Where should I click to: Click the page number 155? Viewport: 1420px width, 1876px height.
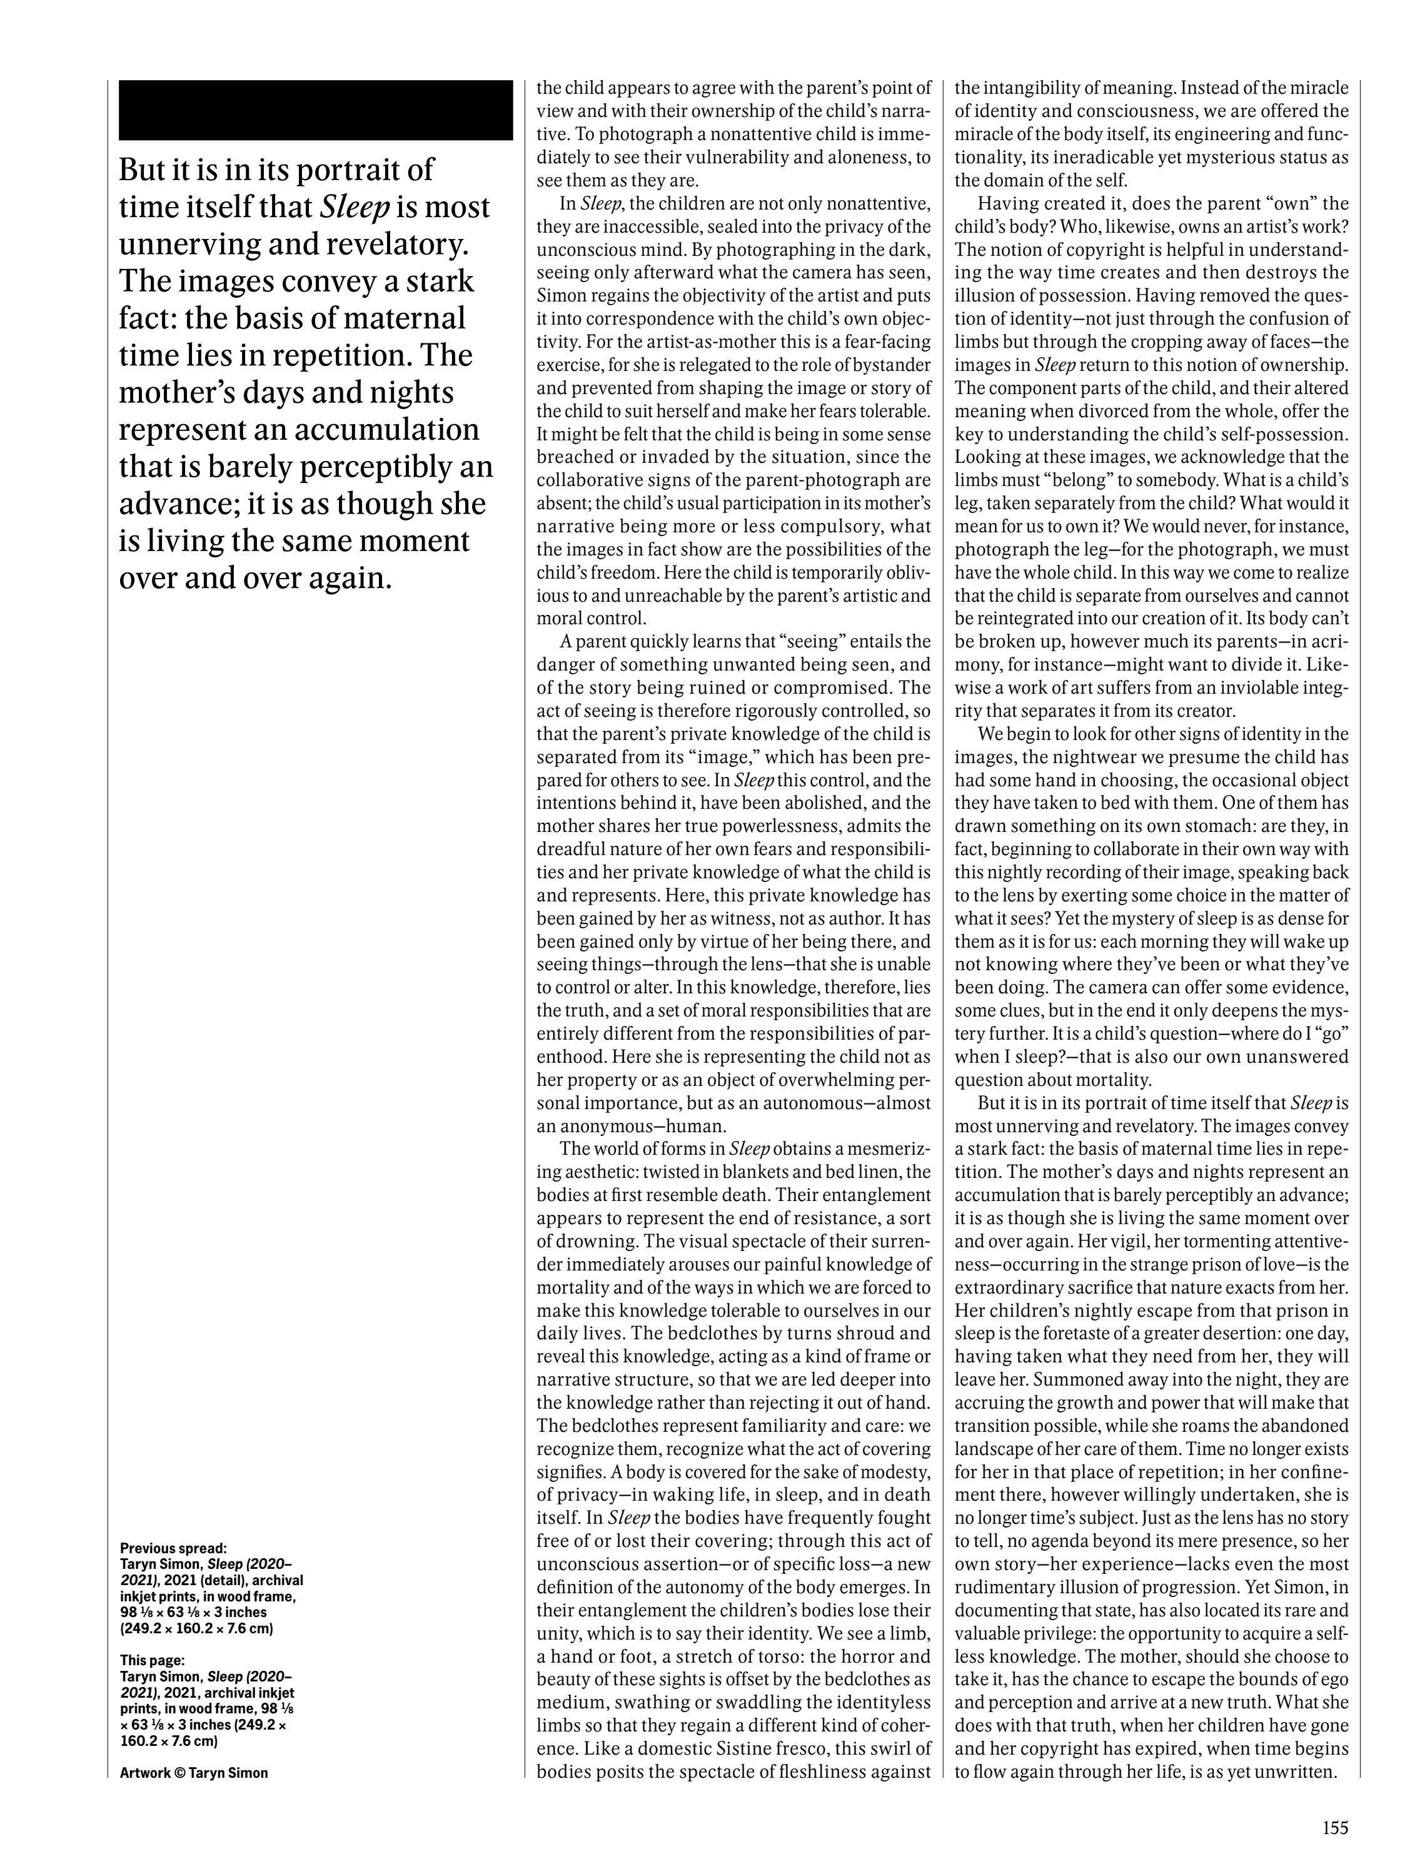[x=1334, y=1826]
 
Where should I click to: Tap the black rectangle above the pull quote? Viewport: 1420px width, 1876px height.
[x=315, y=110]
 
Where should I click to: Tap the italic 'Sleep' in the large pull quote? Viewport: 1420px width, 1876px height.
[x=355, y=208]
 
